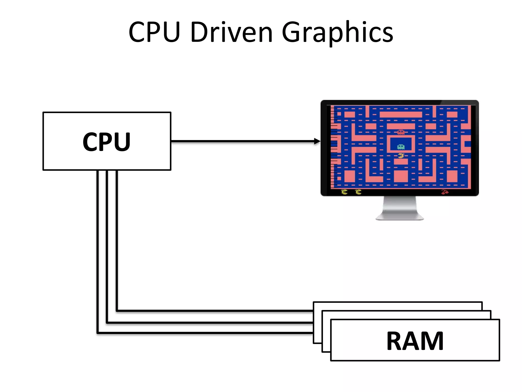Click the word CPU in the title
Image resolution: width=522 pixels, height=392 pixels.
tap(154, 32)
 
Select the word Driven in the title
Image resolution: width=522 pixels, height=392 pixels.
tap(231, 32)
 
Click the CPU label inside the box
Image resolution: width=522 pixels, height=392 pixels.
tap(107, 142)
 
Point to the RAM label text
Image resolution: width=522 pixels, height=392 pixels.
tap(415, 341)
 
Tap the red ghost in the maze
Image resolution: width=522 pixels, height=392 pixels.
tap(401, 132)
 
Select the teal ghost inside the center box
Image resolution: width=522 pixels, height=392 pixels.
tap(401, 147)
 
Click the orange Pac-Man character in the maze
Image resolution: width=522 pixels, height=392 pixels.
tap(401, 155)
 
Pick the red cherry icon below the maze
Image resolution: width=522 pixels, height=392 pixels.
tap(445, 192)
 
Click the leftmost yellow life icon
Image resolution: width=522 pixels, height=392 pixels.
tap(344, 192)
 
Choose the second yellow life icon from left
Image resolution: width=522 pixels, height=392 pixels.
tap(358, 192)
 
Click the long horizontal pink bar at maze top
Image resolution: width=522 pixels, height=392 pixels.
tap(401, 114)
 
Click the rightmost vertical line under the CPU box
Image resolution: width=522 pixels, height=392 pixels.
tap(117, 240)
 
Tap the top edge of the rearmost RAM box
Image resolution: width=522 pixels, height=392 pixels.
tap(398, 302)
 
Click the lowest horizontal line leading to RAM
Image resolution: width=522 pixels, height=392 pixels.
tap(204, 333)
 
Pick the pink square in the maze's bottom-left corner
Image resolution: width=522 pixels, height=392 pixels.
tap(349, 176)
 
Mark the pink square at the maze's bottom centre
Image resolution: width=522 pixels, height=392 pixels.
tap(401, 176)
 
